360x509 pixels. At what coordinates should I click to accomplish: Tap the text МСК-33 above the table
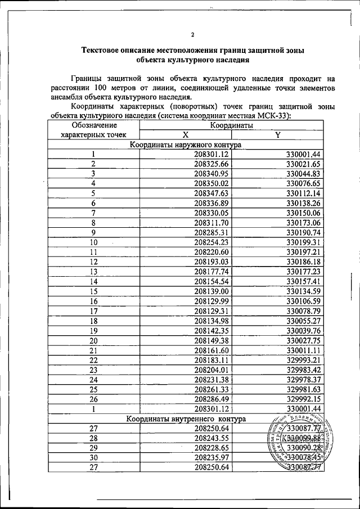tap(278, 116)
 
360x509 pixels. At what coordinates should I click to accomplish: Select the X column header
tap(185, 135)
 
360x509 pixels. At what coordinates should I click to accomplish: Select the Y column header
tap(278, 135)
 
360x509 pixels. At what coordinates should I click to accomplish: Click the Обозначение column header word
tap(94, 125)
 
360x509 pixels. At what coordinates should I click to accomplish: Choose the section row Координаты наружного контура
tap(185, 145)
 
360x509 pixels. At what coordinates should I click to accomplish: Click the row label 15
tap(93, 291)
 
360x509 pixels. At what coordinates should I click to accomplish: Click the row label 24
tap(93, 379)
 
